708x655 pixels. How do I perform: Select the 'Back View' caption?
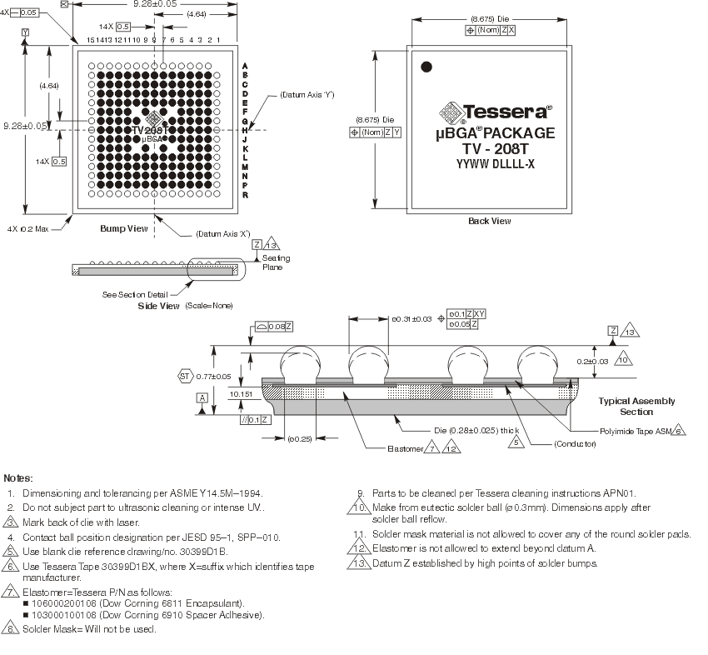tap(490, 221)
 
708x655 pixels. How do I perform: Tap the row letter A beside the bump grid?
tap(244, 66)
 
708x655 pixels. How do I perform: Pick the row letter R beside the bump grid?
tap(244, 194)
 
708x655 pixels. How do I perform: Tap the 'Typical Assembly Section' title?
tap(636, 407)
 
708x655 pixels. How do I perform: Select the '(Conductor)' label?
tap(575, 445)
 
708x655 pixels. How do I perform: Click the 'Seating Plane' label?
tap(277, 263)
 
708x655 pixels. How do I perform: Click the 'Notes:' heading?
tap(19, 478)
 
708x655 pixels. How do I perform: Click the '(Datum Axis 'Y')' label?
tap(307, 95)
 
